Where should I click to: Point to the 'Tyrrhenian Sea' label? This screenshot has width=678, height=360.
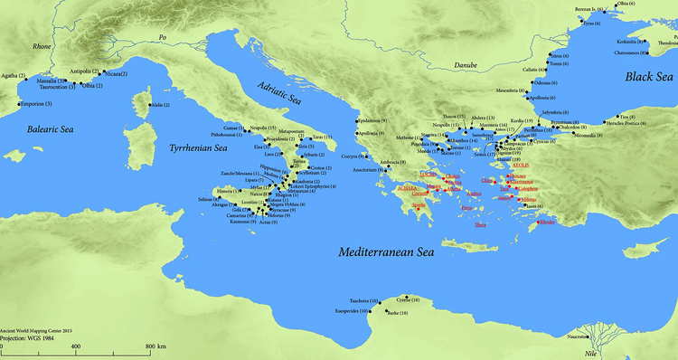click(x=193, y=146)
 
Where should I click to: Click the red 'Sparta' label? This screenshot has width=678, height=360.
click(x=419, y=205)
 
